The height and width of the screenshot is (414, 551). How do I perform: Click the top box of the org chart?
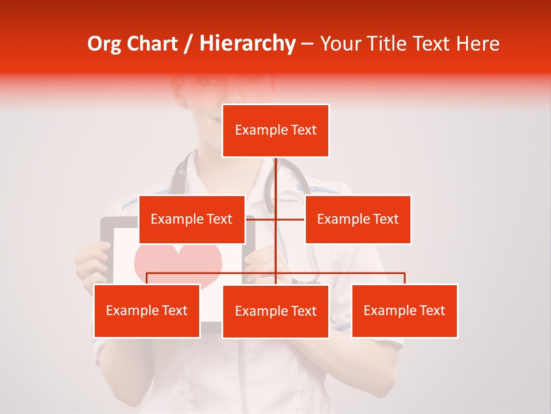275,131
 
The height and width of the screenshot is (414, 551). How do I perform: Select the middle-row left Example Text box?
192,219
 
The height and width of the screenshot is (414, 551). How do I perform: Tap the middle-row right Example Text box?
358,219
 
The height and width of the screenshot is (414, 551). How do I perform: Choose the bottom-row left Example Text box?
147,310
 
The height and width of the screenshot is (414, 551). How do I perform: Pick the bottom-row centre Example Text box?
275,311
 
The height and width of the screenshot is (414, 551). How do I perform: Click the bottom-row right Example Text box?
404,310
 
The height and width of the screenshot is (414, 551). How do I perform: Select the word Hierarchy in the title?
247,44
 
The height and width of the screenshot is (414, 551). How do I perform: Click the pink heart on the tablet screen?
178,262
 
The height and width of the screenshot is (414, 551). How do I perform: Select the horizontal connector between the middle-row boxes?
275,219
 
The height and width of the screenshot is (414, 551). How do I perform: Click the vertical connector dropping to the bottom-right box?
405,278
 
